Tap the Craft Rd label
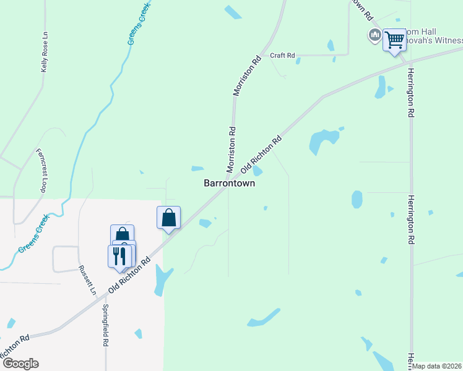pos(282,55)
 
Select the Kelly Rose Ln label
pos(44,53)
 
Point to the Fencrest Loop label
pos(42,171)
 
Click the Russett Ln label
pos(87,280)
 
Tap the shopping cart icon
pos(394,41)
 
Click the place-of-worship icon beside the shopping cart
pos(374,35)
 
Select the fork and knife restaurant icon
pos(119,255)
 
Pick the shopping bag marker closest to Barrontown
pos(168,218)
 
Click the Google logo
pos(20,364)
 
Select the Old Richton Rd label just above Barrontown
pos(261,155)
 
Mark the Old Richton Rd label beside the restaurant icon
pos(130,276)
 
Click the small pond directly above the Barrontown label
pos(197,168)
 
